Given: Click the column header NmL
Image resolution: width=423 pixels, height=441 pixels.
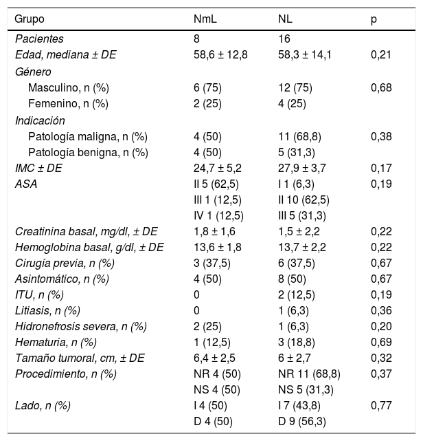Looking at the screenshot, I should point(206,19).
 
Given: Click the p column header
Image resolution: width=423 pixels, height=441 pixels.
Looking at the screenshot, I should point(374,19).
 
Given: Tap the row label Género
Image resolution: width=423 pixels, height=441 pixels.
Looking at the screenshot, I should point(34,72).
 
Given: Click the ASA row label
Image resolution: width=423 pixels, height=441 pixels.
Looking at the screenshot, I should point(25,184).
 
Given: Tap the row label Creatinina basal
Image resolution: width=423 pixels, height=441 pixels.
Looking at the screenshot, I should point(87,231).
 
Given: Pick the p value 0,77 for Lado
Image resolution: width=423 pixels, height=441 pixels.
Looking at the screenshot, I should point(380,406).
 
